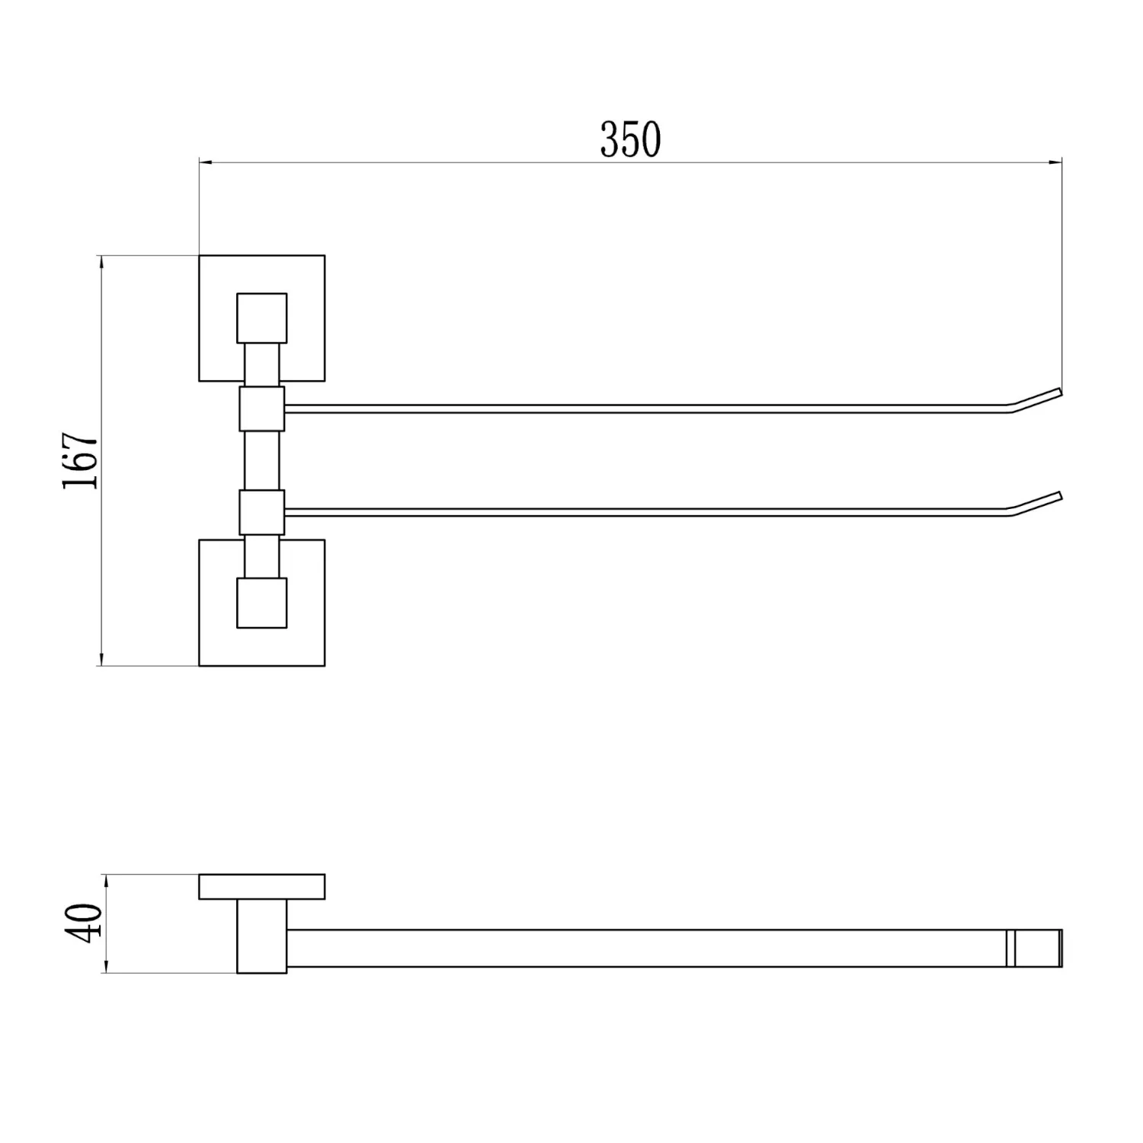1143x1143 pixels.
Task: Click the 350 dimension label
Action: pos(630,139)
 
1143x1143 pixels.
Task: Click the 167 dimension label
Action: pos(81,461)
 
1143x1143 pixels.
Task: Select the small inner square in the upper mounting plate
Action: pos(262,318)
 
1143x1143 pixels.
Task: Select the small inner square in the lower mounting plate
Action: pos(262,603)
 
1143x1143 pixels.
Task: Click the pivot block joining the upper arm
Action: pos(262,408)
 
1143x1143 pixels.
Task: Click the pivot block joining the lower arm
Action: pos(262,512)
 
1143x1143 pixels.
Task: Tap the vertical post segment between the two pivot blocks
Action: pos(262,460)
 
